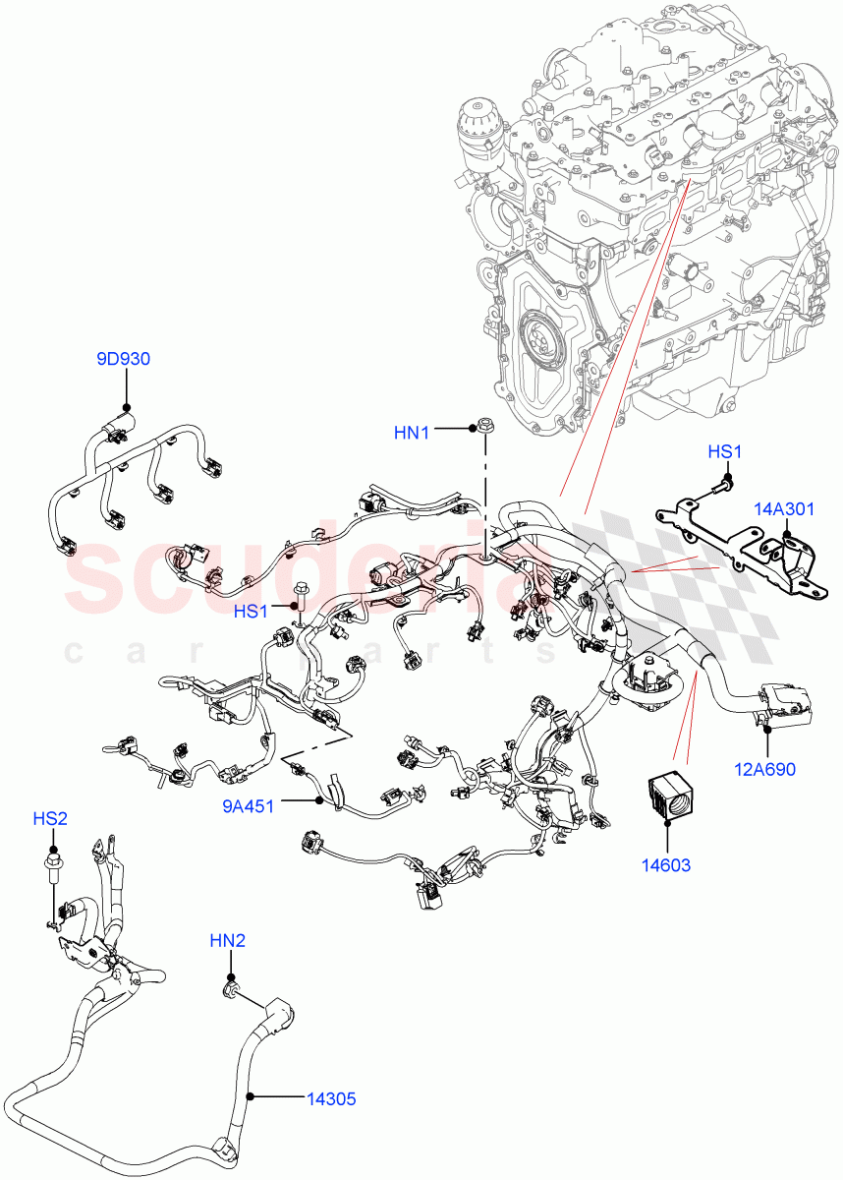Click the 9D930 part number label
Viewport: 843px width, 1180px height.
coord(123,359)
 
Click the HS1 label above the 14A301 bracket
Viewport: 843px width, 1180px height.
coord(724,451)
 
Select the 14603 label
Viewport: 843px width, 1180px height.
coord(666,865)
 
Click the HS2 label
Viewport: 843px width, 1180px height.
coord(50,818)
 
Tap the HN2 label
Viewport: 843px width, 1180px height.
coord(227,941)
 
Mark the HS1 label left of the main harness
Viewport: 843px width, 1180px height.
coord(251,612)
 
